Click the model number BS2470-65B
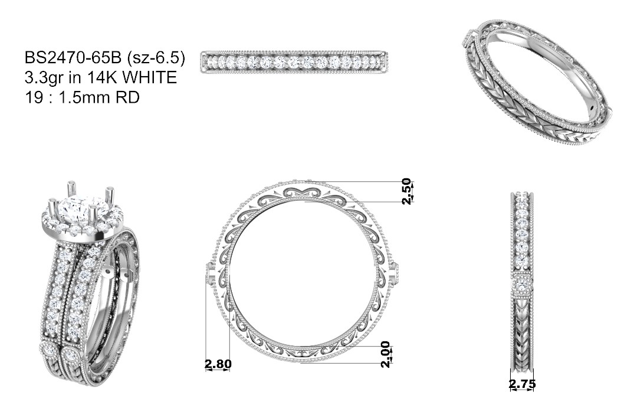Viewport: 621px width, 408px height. coord(73,58)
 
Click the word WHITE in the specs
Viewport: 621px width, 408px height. coord(149,77)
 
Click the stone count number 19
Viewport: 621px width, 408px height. coord(34,97)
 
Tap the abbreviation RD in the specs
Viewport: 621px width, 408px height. coord(127,97)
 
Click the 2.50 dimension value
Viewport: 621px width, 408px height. coord(407,191)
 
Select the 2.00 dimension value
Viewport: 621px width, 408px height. coord(385,354)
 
